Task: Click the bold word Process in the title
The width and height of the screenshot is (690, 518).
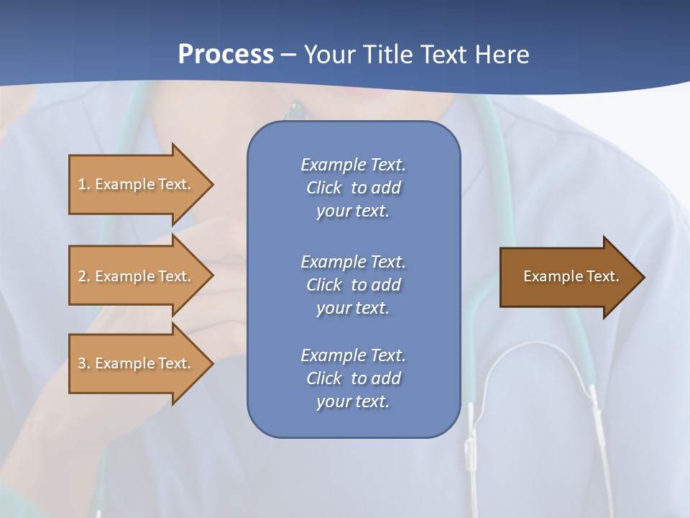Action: coord(226,55)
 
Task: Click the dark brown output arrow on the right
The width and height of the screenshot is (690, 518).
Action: coord(568,276)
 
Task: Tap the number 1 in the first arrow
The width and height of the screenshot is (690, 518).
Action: coord(82,184)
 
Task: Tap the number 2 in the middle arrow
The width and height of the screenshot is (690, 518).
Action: coord(82,276)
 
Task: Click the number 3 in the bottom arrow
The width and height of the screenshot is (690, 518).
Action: coord(82,363)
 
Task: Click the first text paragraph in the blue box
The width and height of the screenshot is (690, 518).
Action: coord(353,188)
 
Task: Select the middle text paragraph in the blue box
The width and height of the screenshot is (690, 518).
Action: coord(353,285)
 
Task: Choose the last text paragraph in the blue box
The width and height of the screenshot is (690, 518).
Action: coord(353,378)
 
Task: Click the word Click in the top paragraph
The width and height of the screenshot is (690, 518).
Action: coord(324,188)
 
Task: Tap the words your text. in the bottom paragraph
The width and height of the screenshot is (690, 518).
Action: coord(353,401)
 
